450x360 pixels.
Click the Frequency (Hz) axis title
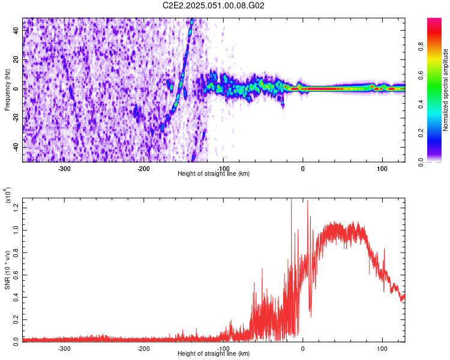click(x=7, y=89)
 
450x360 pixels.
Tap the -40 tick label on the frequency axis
click(x=16, y=148)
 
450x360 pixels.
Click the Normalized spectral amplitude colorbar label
click(x=445, y=90)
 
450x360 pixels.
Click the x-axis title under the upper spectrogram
click(x=214, y=173)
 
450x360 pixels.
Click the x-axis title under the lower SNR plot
click(x=214, y=353)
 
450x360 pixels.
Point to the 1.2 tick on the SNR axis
click(x=16, y=207)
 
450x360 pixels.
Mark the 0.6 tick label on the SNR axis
click(x=16, y=274)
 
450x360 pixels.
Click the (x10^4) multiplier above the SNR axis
click(x=8, y=196)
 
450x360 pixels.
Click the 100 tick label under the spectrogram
click(x=382, y=168)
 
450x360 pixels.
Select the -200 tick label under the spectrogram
click(x=143, y=168)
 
